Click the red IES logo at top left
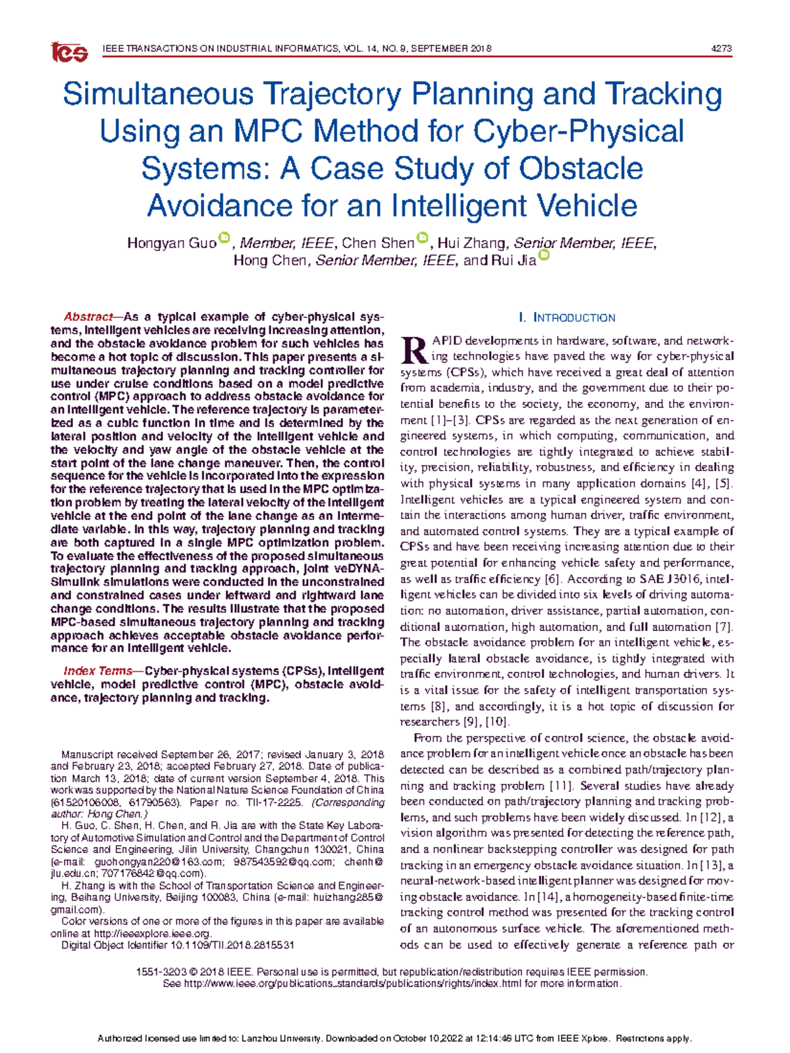(x=69, y=52)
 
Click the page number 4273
(x=722, y=49)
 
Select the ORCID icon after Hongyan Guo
(x=224, y=238)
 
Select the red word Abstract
(x=88, y=317)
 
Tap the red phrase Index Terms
(x=97, y=671)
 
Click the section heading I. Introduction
(x=567, y=318)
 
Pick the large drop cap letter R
(x=414, y=349)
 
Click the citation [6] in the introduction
(x=551, y=579)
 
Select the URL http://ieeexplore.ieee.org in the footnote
(x=152, y=933)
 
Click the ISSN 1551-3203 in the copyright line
(x=159, y=972)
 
